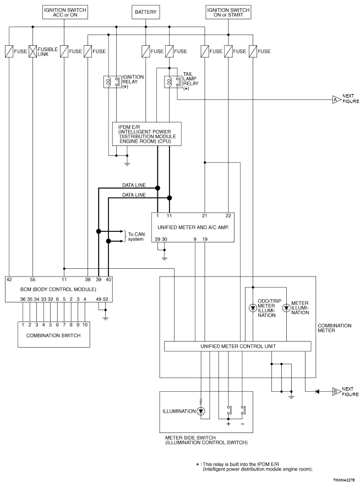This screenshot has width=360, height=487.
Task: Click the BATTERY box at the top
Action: (x=145, y=12)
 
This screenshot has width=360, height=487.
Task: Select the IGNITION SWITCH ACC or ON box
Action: (x=65, y=12)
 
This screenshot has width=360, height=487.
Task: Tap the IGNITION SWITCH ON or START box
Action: (x=228, y=12)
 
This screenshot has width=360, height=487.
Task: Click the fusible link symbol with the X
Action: (x=32, y=51)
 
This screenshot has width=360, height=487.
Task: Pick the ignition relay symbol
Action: (x=112, y=82)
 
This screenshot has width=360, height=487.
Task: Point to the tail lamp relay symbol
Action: (x=173, y=82)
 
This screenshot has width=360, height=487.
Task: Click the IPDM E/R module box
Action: (x=147, y=134)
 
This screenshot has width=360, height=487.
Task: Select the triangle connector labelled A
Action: (x=337, y=100)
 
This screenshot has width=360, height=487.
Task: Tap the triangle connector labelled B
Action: (x=337, y=392)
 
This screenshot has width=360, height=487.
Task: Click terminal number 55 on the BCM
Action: (x=32, y=279)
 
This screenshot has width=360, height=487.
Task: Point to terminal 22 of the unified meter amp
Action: (x=228, y=215)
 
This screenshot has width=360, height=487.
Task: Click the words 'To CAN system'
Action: (x=137, y=237)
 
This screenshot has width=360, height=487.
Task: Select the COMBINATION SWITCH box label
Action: (x=53, y=336)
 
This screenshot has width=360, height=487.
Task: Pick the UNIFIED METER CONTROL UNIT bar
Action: (x=237, y=347)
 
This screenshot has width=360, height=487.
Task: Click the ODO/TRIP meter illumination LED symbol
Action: (x=253, y=308)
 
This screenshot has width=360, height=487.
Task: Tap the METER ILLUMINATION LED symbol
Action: (x=286, y=308)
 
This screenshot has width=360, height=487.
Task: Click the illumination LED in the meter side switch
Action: (x=201, y=411)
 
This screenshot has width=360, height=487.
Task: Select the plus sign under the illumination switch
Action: (x=228, y=424)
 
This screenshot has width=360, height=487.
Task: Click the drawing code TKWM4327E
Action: (x=344, y=480)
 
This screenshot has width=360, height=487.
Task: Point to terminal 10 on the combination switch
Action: (x=85, y=325)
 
